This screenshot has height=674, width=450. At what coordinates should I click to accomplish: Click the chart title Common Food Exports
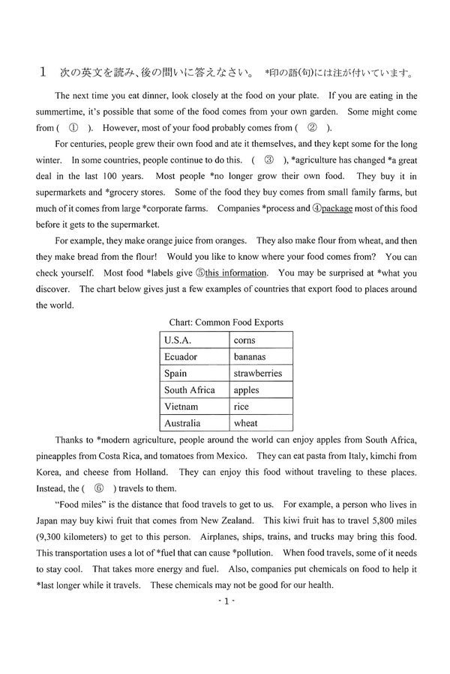226,323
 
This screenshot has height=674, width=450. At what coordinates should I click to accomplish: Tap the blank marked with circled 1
73,128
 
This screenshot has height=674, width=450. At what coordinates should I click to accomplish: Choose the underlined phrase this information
230,273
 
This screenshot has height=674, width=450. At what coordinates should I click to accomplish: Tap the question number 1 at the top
43,73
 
